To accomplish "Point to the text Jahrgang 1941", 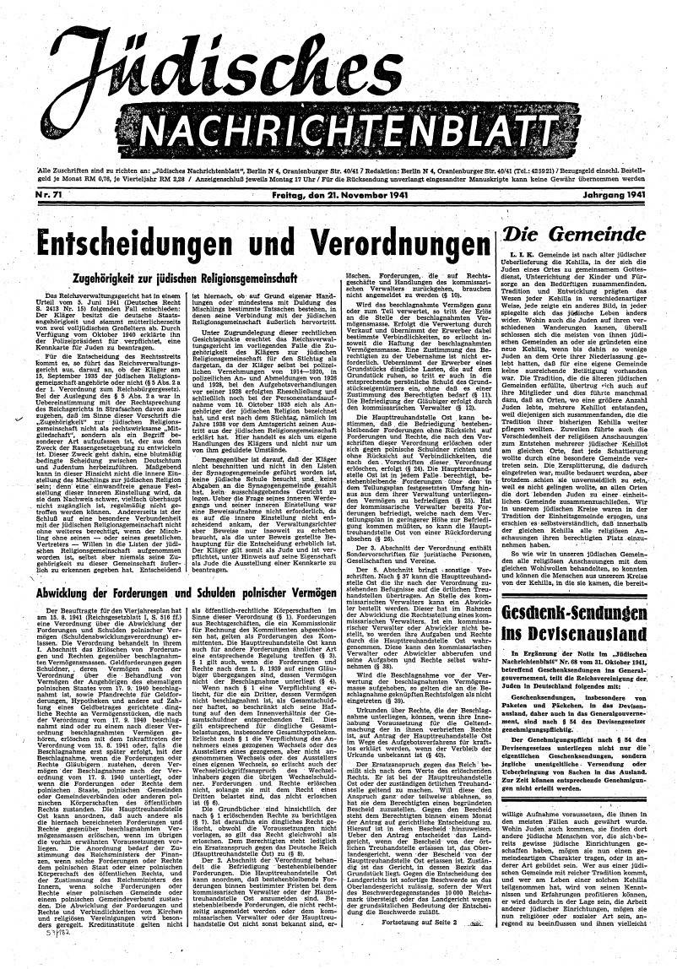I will [620, 195].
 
